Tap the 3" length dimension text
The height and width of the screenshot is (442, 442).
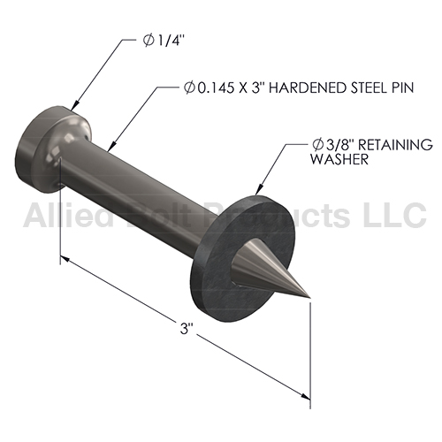tap(186, 329)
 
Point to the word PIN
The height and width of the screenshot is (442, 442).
tap(403, 88)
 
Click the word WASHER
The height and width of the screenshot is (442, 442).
tap(339, 159)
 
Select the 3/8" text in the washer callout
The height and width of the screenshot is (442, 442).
tap(339, 144)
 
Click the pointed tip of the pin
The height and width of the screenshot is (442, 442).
tap(309, 298)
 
